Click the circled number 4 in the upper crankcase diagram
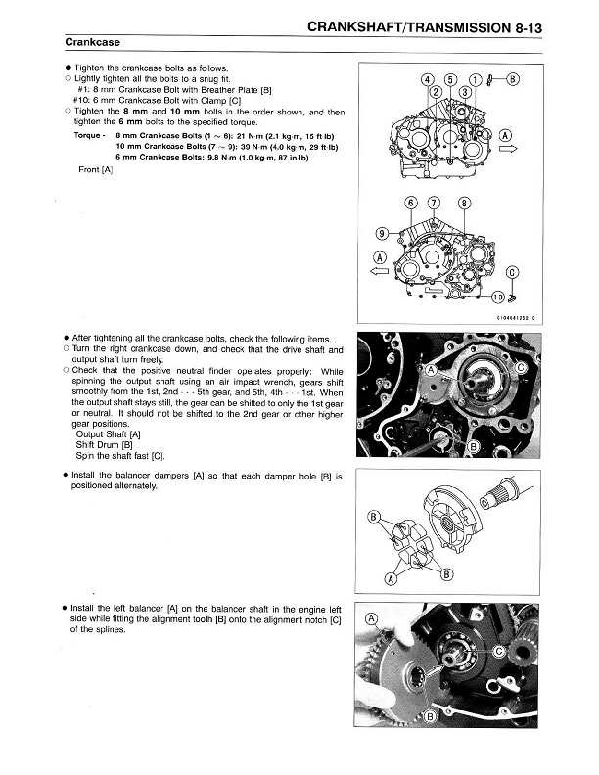[x=427, y=79]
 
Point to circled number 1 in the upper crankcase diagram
[x=476, y=79]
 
